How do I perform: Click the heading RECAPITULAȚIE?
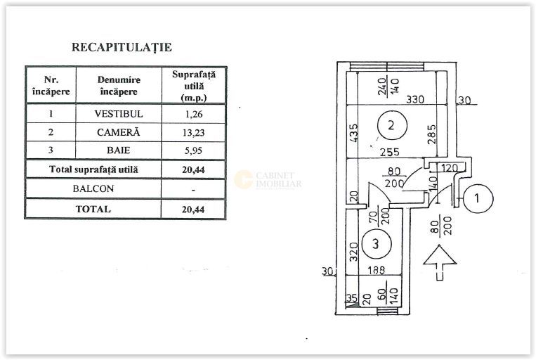click(122, 47)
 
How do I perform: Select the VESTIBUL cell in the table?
click(119, 114)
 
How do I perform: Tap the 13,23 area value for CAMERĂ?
click(193, 132)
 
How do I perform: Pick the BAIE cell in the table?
click(118, 150)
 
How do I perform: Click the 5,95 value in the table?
click(193, 150)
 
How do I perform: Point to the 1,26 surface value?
click(194, 115)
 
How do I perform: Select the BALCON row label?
click(93, 188)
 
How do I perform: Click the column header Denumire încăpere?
click(119, 86)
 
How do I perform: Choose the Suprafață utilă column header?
click(194, 86)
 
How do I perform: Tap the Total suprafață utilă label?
click(93, 169)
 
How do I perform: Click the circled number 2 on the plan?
click(392, 125)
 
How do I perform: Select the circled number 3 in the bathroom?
click(376, 244)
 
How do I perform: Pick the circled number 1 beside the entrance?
click(478, 198)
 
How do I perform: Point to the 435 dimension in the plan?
click(354, 133)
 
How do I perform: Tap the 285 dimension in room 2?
click(432, 134)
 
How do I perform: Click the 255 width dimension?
click(390, 152)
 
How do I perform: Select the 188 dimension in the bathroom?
click(377, 270)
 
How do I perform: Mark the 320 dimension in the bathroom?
click(354, 252)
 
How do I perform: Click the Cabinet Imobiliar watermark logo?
click(268, 180)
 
